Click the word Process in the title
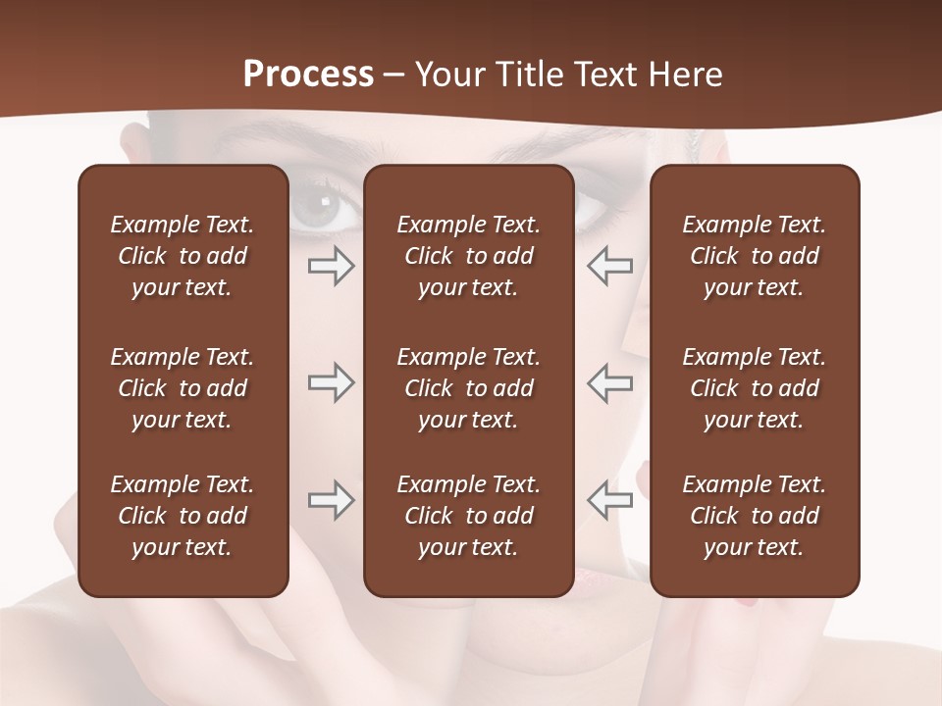point(308,75)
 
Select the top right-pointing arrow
point(331,266)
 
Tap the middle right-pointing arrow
point(331,382)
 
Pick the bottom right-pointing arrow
point(331,500)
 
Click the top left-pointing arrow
point(609,266)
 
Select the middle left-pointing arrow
point(609,382)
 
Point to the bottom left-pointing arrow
point(609,500)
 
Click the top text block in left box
point(183,256)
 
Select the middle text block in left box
point(183,388)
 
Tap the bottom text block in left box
point(183,516)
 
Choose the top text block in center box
point(469,256)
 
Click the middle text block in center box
point(469,388)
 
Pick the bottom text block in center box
point(469,516)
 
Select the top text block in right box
point(755,256)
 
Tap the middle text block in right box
point(755,388)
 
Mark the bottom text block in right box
point(755,516)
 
